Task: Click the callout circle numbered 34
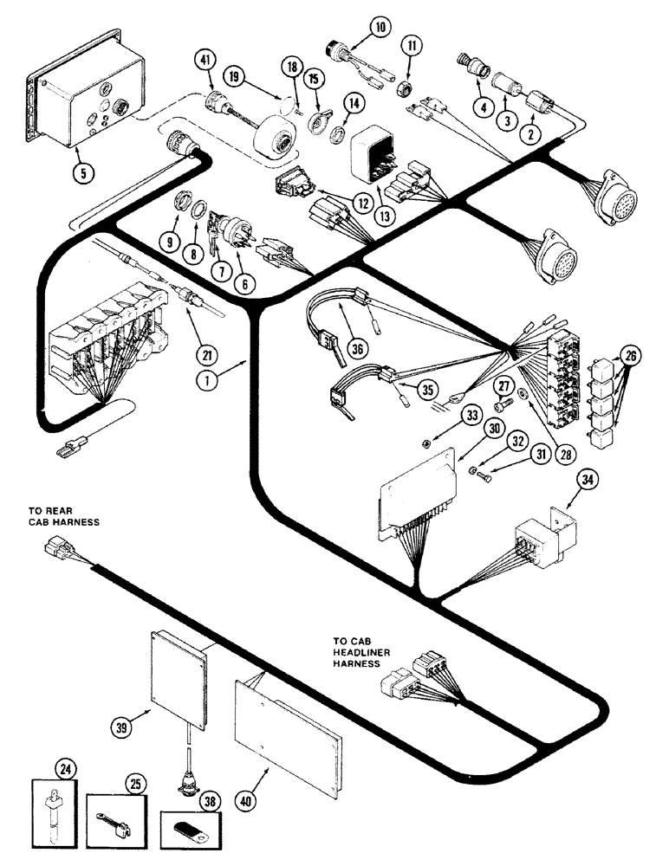pyautogui.click(x=572, y=480)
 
